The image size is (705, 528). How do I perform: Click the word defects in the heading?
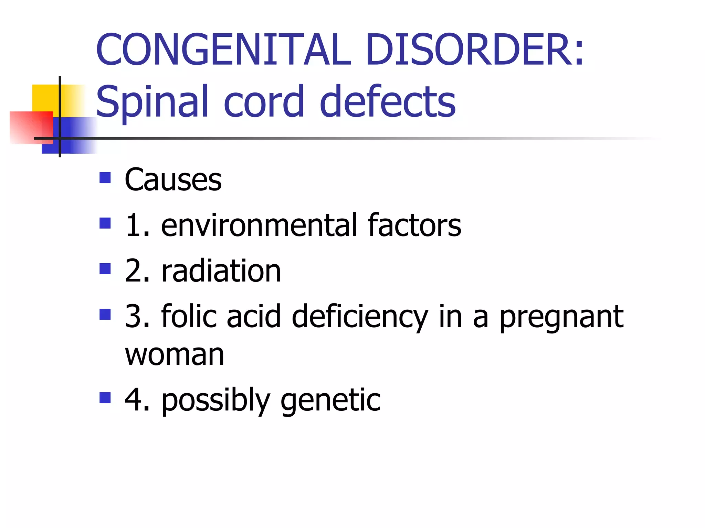[388, 101]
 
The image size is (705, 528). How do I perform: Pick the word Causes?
[173, 180]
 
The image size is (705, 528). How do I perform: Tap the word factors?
[414, 225]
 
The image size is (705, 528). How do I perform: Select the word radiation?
[221, 271]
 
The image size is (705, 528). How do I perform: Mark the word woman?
[175, 355]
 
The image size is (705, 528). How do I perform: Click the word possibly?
[216, 400]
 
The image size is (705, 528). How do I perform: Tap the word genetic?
[330, 400]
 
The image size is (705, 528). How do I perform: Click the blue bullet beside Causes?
[105, 178]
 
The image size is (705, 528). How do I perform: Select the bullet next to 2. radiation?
[105, 269]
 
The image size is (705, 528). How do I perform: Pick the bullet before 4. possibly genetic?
[105, 398]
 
